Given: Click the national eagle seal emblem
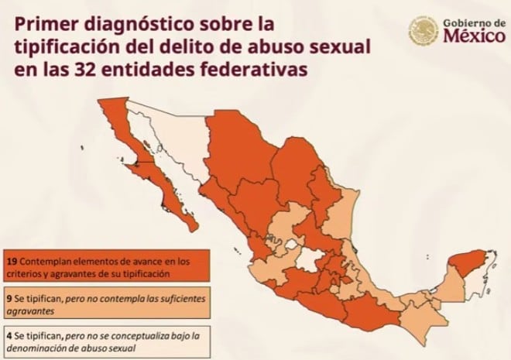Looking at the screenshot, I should [423, 33].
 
